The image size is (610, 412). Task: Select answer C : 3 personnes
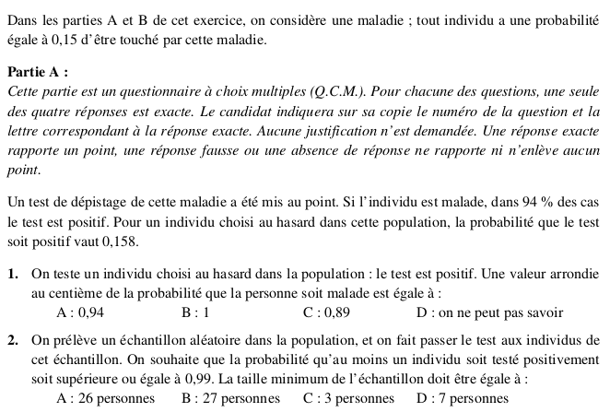[x=348, y=398]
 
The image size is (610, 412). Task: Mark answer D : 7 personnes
[x=463, y=398]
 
